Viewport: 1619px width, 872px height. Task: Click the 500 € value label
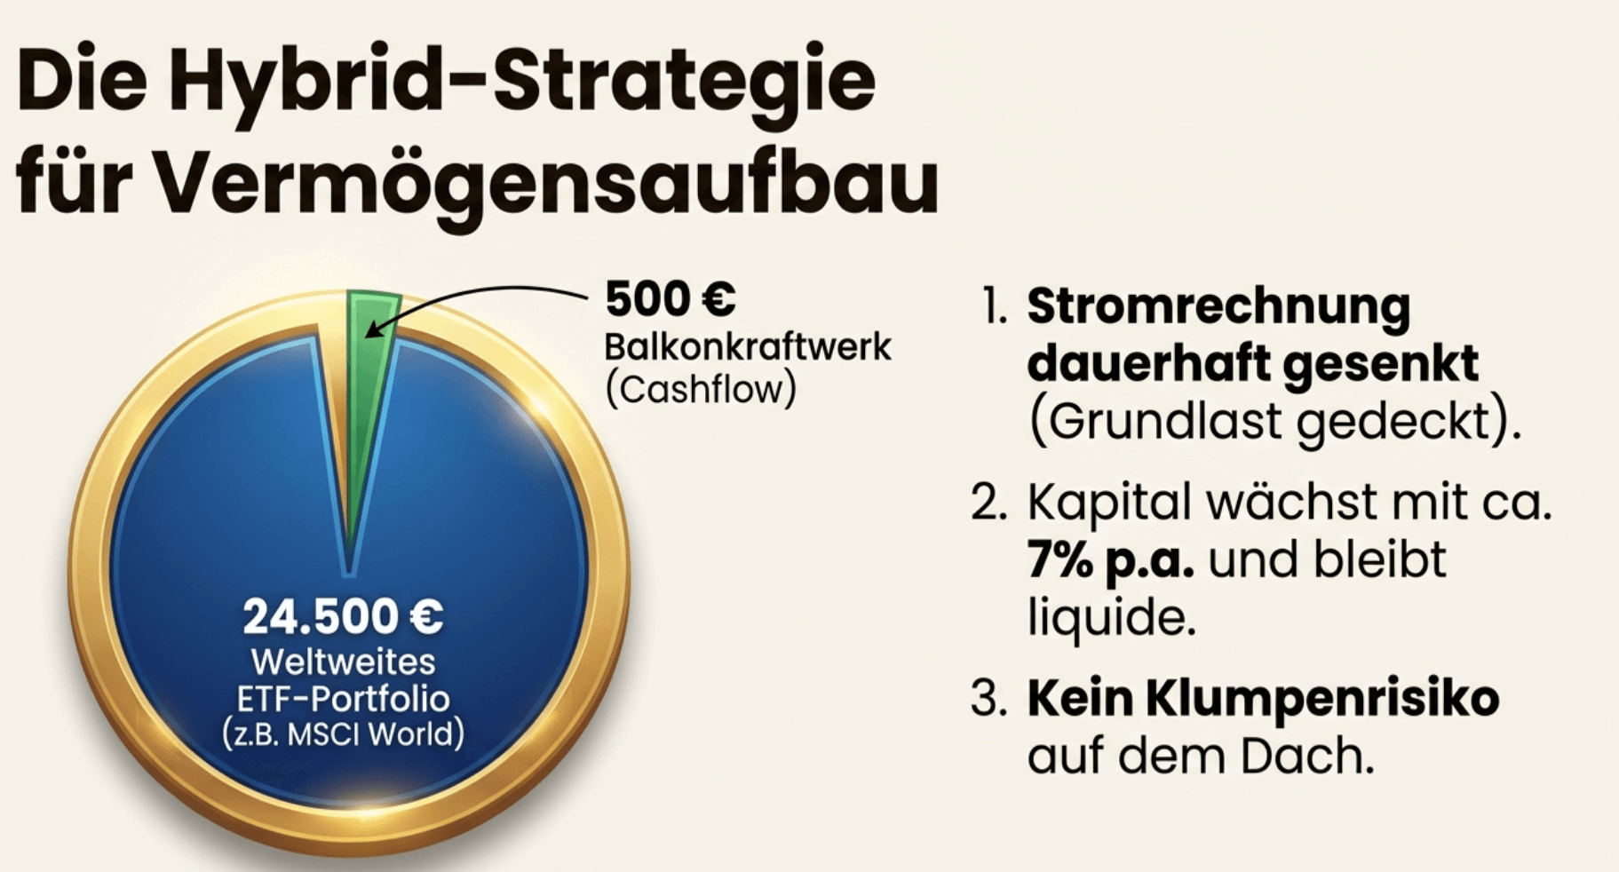(x=671, y=298)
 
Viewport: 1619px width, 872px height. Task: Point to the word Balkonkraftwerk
(x=748, y=346)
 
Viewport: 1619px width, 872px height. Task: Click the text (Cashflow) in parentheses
(x=701, y=390)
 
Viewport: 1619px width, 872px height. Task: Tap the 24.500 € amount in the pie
(x=343, y=616)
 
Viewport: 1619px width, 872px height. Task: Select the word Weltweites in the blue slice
(x=343, y=662)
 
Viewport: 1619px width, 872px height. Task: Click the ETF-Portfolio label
(x=343, y=699)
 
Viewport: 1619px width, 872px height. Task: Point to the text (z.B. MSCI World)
(x=343, y=735)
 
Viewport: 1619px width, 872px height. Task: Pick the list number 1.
(x=994, y=307)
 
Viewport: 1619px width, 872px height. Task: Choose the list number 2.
(x=989, y=503)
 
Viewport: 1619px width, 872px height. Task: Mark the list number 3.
(x=989, y=700)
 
